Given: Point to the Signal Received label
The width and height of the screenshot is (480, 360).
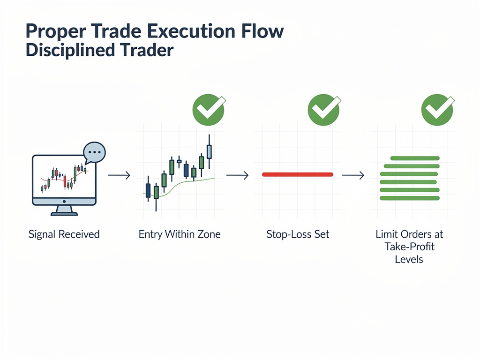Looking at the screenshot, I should [x=64, y=234].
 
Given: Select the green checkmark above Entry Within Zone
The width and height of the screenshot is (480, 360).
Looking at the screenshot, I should [x=209, y=109].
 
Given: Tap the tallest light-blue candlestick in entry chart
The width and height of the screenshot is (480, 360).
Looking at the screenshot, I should [x=209, y=151].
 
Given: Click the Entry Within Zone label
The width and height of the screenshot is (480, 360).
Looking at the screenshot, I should [x=180, y=234].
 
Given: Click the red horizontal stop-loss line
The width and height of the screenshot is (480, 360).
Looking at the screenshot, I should [x=297, y=174].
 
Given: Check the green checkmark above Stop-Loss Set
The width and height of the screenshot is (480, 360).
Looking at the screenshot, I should [x=323, y=109].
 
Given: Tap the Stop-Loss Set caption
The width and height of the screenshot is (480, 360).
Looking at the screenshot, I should [x=298, y=234].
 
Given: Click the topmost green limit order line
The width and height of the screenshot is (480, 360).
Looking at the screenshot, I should [x=414, y=158].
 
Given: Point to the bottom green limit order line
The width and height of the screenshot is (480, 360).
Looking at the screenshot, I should [x=409, y=198].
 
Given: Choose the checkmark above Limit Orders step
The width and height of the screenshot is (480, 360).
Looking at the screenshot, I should [x=438, y=109].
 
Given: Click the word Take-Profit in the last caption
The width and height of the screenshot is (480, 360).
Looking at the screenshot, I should [x=409, y=247].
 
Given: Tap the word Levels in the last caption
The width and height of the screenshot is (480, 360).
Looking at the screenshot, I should [x=409, y=259].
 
